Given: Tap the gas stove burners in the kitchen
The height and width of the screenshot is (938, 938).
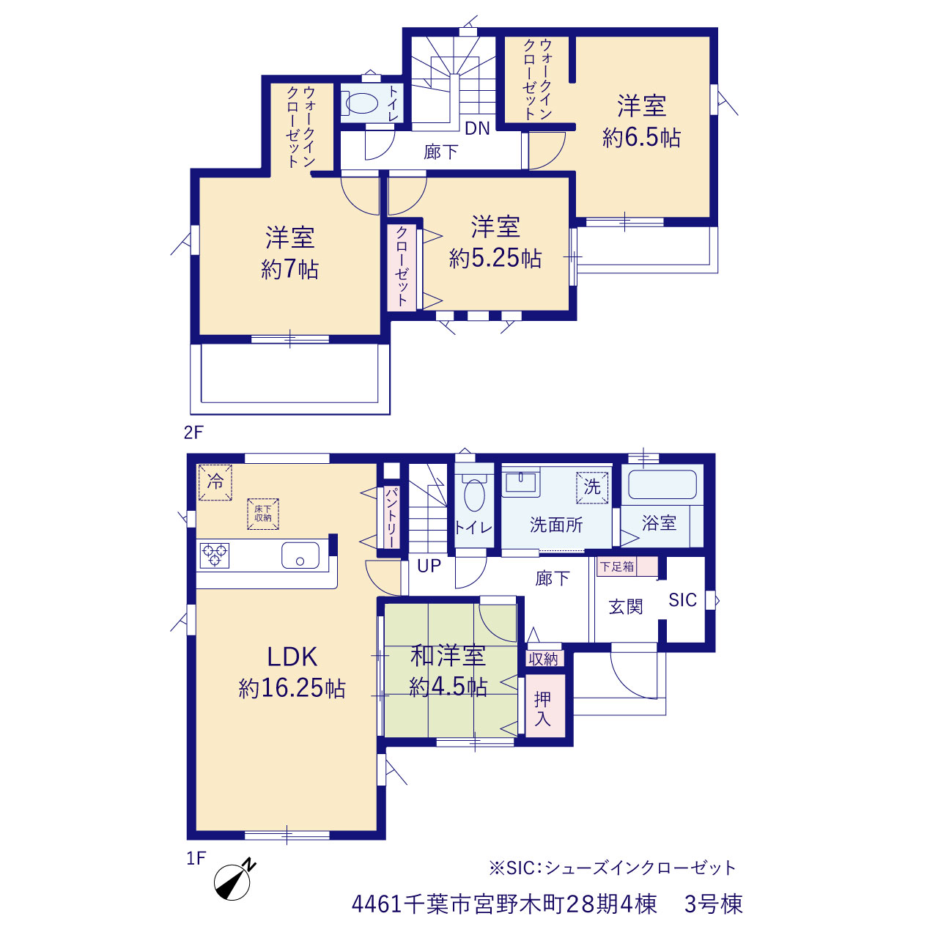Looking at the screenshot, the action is (x=214, y=555).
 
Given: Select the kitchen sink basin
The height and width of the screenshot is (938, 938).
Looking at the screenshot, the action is (x=300, y=555).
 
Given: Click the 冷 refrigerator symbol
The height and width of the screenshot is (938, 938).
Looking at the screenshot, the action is (x=215, y=482).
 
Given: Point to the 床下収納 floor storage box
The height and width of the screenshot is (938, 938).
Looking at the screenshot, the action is (x=263, y=514).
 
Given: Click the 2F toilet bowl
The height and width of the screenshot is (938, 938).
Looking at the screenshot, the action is (x=362, y=103).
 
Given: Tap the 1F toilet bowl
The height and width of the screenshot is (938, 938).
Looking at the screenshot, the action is (x=475, y=495).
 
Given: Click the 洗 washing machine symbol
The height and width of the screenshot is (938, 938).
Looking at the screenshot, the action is (x=592, y=487).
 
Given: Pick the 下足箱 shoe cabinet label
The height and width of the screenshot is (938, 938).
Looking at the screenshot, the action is (x=617, y=566).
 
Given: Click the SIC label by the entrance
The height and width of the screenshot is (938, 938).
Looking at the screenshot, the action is (x=682, y=600).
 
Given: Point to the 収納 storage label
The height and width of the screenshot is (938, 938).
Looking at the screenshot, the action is (x=543, y=660).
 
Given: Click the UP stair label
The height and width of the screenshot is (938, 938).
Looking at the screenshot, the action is (x=429, y=566).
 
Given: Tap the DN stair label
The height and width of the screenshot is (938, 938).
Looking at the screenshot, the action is (x=477, y=128).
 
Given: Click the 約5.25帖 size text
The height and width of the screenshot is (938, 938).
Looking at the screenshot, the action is (x=495, y=258).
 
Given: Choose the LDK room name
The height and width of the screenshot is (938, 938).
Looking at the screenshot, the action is (x=292, y=657).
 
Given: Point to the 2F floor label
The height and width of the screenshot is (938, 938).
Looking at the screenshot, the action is (x=193, y=432).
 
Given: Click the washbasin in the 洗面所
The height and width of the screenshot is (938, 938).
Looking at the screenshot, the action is (x=521, y=482).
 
